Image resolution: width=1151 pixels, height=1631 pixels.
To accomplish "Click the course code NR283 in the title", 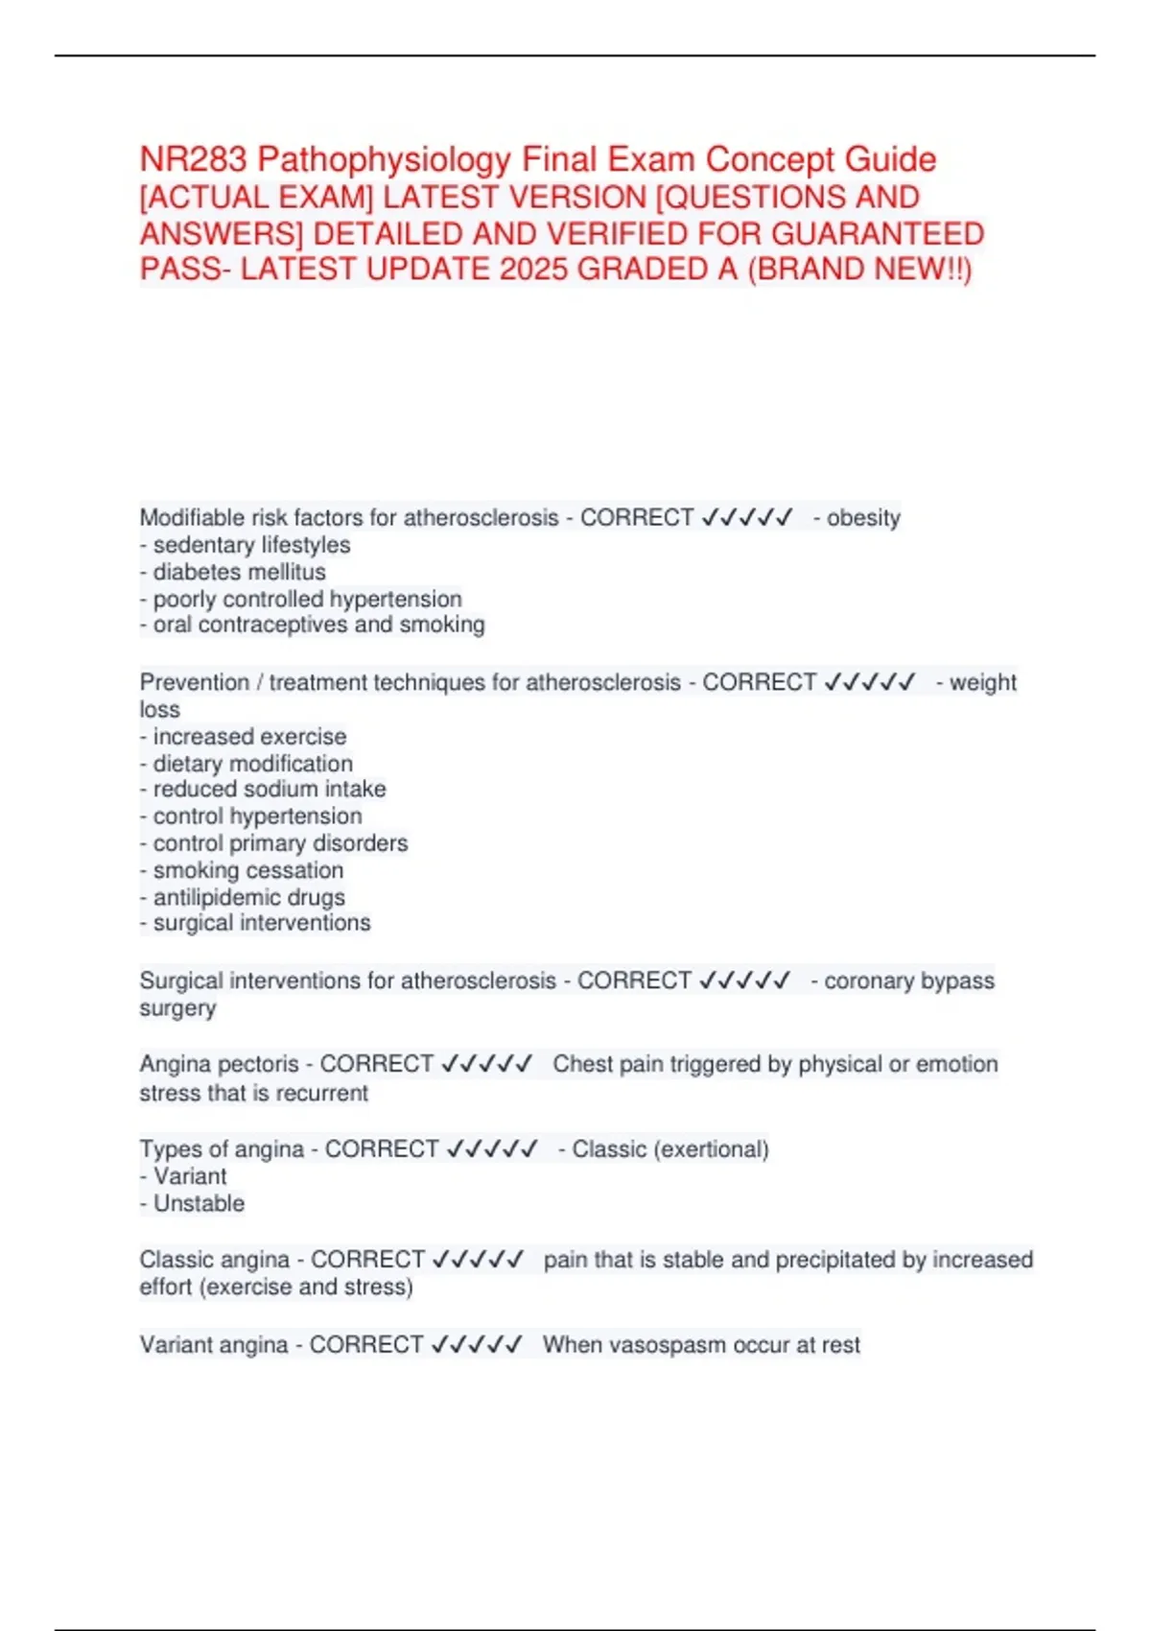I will (193, 159).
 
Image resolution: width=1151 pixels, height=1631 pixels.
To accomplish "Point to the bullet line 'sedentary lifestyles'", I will (251, 545).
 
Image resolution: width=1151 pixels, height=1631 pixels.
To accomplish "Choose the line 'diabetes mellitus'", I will (239, 572).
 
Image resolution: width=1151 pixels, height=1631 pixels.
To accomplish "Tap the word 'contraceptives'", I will (272, 625).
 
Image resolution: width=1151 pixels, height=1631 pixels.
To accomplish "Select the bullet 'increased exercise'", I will (249, 737).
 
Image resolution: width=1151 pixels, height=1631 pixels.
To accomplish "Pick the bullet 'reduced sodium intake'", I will (269, 789).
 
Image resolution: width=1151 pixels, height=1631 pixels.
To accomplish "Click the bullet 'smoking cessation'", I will (247, 870).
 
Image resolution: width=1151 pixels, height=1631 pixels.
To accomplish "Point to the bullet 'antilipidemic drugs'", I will (248, 897).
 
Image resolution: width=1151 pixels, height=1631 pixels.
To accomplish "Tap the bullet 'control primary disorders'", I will (280, 843).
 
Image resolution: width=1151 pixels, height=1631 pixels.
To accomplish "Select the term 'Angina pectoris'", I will (219, 1064).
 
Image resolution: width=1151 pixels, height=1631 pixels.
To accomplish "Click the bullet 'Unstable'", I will (199, 1203).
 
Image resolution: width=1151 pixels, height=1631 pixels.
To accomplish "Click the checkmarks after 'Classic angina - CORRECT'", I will (479, 1259).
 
